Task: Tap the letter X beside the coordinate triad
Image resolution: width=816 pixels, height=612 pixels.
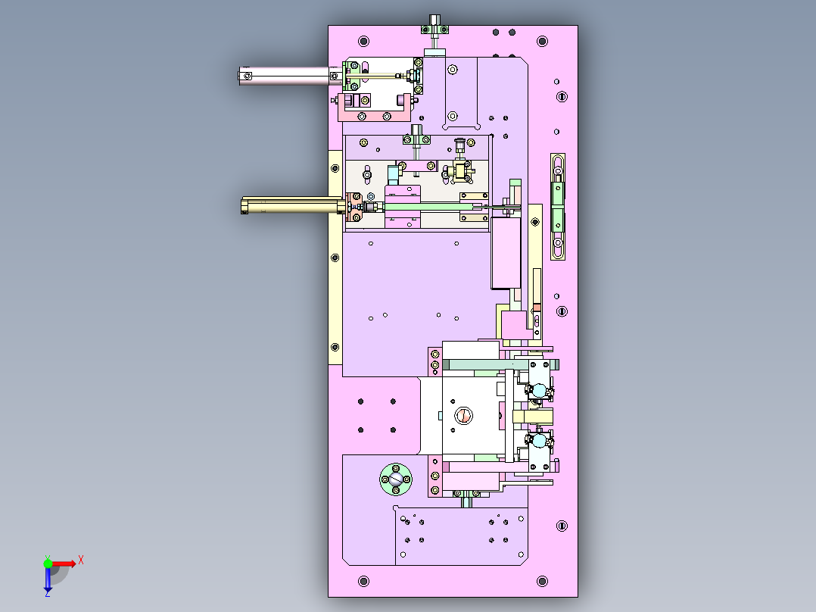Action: [x=81, y=560]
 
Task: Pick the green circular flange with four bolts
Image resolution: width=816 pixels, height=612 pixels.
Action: [x=395, y=479]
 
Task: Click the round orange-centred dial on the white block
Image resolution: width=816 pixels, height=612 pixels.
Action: [x=463, y=416]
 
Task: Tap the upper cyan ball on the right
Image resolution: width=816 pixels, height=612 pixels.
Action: [x=539, y=390]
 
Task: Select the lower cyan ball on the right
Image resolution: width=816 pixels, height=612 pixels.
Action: [x=539, y=441]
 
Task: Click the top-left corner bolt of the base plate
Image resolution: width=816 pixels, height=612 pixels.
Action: [x=364, y=41]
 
